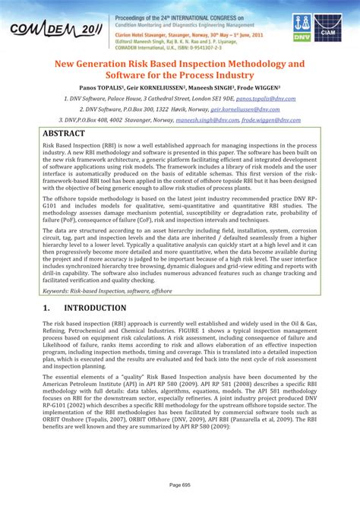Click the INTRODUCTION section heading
(x=95, y=308)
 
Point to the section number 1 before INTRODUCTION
(x=45, y=308)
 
